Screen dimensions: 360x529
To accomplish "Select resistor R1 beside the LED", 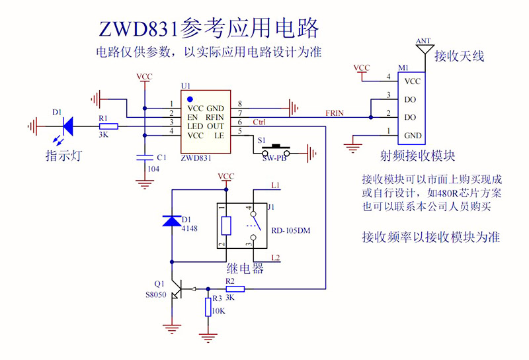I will pyautogui.click(x=108, y=126).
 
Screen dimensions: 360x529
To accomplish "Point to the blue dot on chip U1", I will pyautogui.click(x=190, y=99).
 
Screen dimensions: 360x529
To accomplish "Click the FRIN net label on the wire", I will pyautogui.click(x=335, y=113).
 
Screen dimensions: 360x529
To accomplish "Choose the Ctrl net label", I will pyautogui.click(x=260, y=122).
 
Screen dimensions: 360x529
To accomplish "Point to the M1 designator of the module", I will pyautogui.click(x=403, y=67).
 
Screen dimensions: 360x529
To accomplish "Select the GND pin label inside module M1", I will pyautogui.click(x=413, y=136).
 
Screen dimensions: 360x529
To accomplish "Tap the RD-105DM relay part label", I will pyautogui.click(x=291, y=230).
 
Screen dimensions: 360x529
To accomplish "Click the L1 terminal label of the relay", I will pyautogui.click(x=276, y=185).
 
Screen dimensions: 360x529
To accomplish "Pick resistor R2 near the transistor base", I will pyautogui.click(x=235, y=289).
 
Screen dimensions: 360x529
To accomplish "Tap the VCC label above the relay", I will pyautogui.click(x=226, y=177).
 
